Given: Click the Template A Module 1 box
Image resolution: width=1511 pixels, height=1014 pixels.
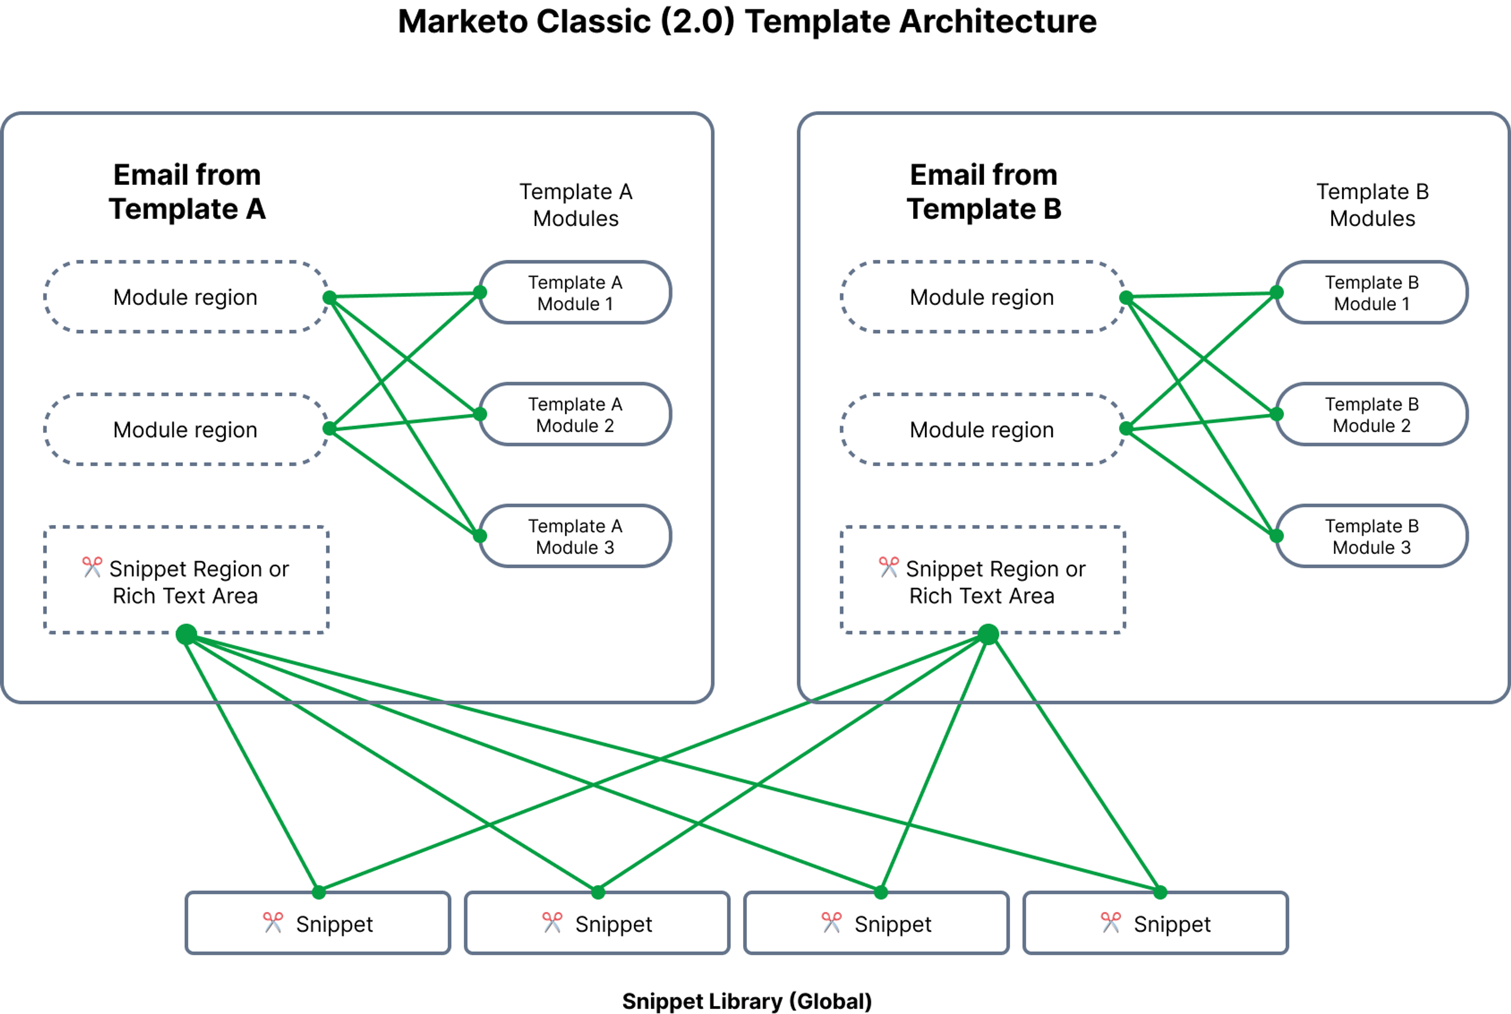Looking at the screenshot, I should click(x=575, y=292).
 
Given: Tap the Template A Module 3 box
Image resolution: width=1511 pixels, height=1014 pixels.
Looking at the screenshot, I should click(x=575, y=536).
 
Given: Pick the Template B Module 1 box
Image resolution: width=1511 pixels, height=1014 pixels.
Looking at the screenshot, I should click(x=1371, y=292).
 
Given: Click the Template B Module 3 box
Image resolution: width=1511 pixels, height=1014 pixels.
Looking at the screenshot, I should click(x=1371, y=536).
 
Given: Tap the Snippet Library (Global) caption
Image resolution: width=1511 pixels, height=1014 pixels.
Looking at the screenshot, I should click(x=747, y=1001).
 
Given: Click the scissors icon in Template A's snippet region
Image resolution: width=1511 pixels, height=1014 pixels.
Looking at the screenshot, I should click(x=92, y=567).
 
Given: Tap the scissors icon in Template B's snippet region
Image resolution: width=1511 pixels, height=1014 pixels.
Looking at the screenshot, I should click(x=888, y=567).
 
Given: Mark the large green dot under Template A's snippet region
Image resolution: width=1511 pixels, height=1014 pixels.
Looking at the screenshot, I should click(x=186, y=634).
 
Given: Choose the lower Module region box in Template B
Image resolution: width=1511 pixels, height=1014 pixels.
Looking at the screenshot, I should click(x=982, y=430).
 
